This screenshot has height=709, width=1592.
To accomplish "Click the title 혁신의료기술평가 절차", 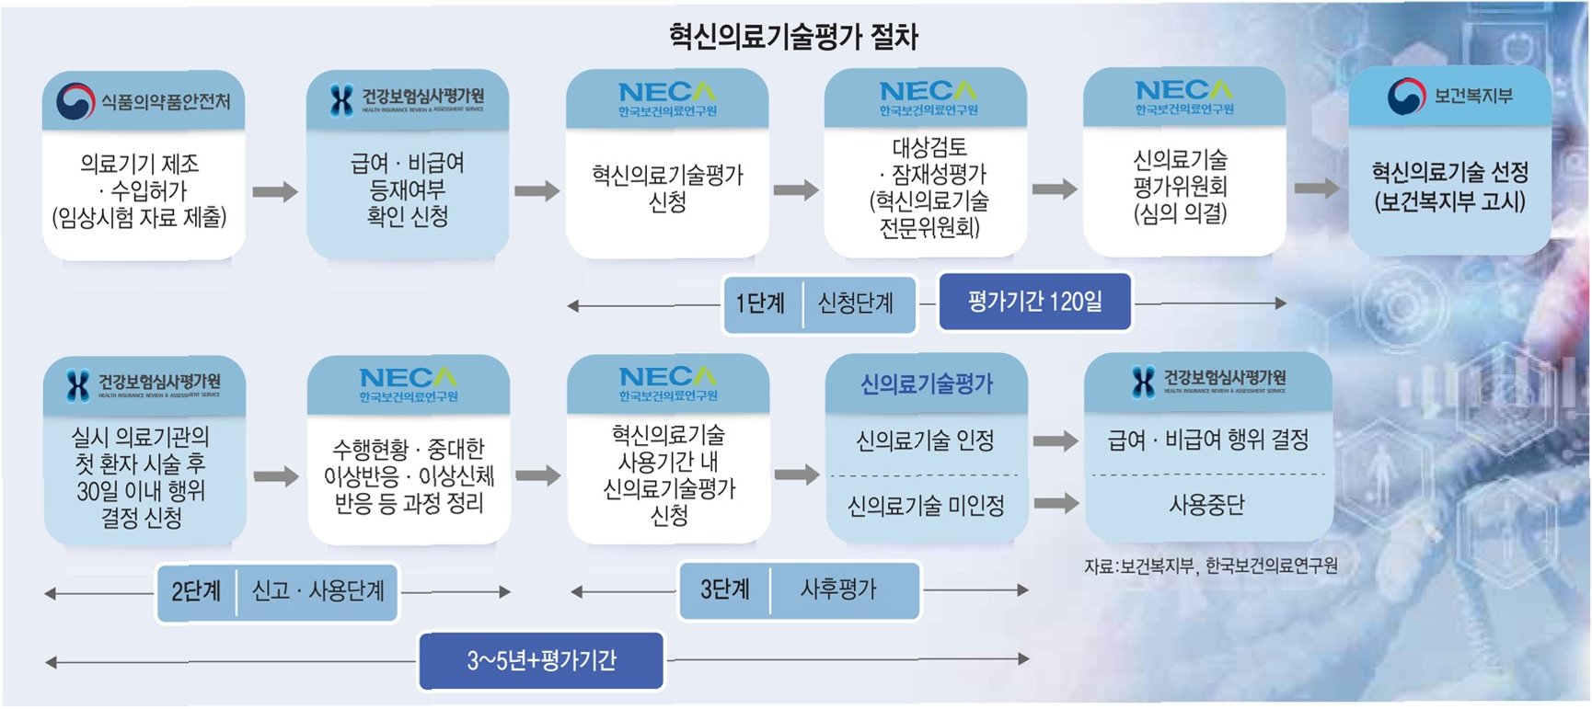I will [793, 37].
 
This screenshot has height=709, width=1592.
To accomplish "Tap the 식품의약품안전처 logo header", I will [144, 101].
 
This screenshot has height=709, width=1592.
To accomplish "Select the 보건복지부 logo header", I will [1449, 97].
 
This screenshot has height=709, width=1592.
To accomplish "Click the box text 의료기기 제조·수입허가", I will [140, 190].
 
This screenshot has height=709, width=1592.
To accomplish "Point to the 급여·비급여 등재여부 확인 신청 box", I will [407, 190].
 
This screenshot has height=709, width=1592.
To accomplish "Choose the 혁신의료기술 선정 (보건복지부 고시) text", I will [1449, 187].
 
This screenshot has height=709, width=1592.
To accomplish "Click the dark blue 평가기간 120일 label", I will [1034, 302].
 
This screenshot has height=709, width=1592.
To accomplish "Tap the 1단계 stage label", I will [760, 303].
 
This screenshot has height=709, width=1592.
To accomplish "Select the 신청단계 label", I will [856, 303].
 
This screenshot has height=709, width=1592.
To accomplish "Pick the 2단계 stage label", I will [196, 591].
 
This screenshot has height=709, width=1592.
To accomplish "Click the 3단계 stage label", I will [724, 589].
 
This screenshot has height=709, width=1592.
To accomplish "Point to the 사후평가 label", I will [838, 589].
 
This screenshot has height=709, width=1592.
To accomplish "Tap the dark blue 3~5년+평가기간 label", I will [541, 660].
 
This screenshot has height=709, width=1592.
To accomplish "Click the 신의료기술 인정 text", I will [925, 441].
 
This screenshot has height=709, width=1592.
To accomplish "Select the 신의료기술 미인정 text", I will [925, 506].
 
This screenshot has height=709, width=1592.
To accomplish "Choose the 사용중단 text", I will [1206, 505].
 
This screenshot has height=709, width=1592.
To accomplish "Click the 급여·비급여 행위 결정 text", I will [1208, 440].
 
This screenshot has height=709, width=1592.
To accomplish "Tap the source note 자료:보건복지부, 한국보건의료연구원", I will [1210, 566].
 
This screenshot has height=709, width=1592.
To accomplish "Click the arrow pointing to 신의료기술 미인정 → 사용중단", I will [1056, 503].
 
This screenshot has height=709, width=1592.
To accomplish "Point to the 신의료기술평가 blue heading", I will [926, 384].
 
